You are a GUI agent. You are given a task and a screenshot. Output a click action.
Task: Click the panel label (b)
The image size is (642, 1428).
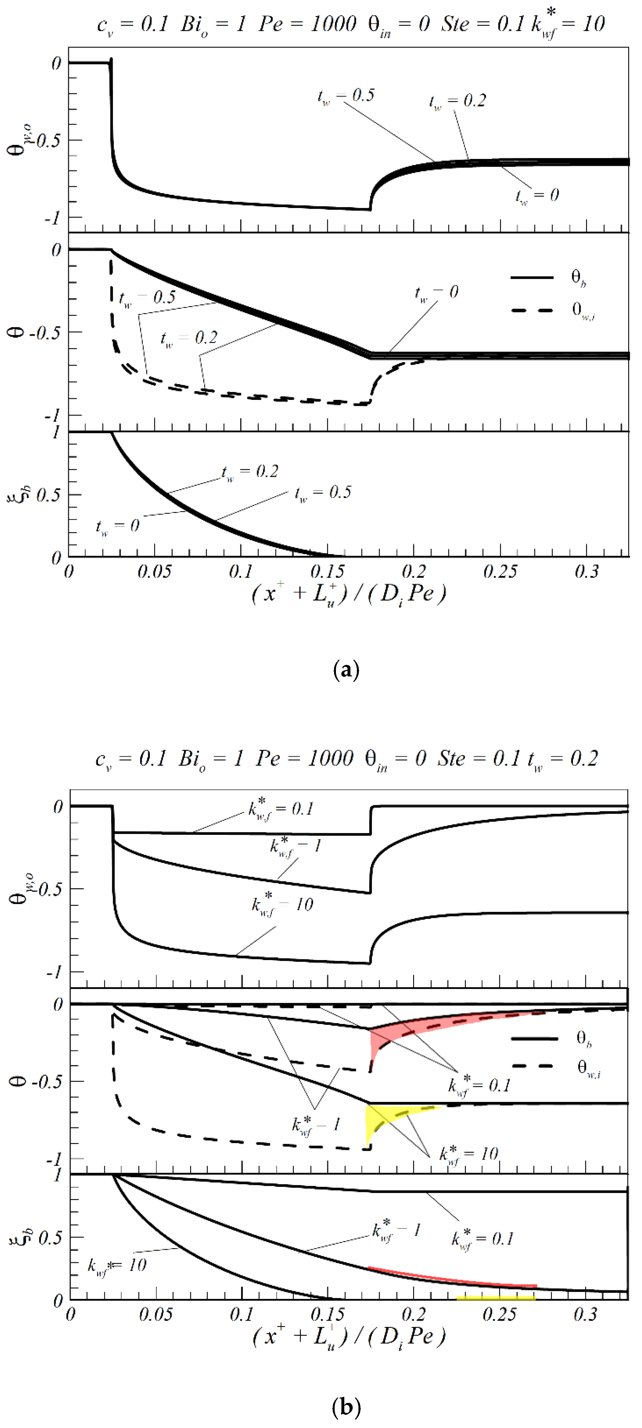(346, 1407)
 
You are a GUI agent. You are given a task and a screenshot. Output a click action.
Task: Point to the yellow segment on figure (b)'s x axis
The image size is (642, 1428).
(495, 1298)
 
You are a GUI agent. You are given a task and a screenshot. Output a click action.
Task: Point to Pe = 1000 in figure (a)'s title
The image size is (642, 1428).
(307, 24)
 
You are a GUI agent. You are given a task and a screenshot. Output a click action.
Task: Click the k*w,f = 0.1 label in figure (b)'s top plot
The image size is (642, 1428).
(281, 809)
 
